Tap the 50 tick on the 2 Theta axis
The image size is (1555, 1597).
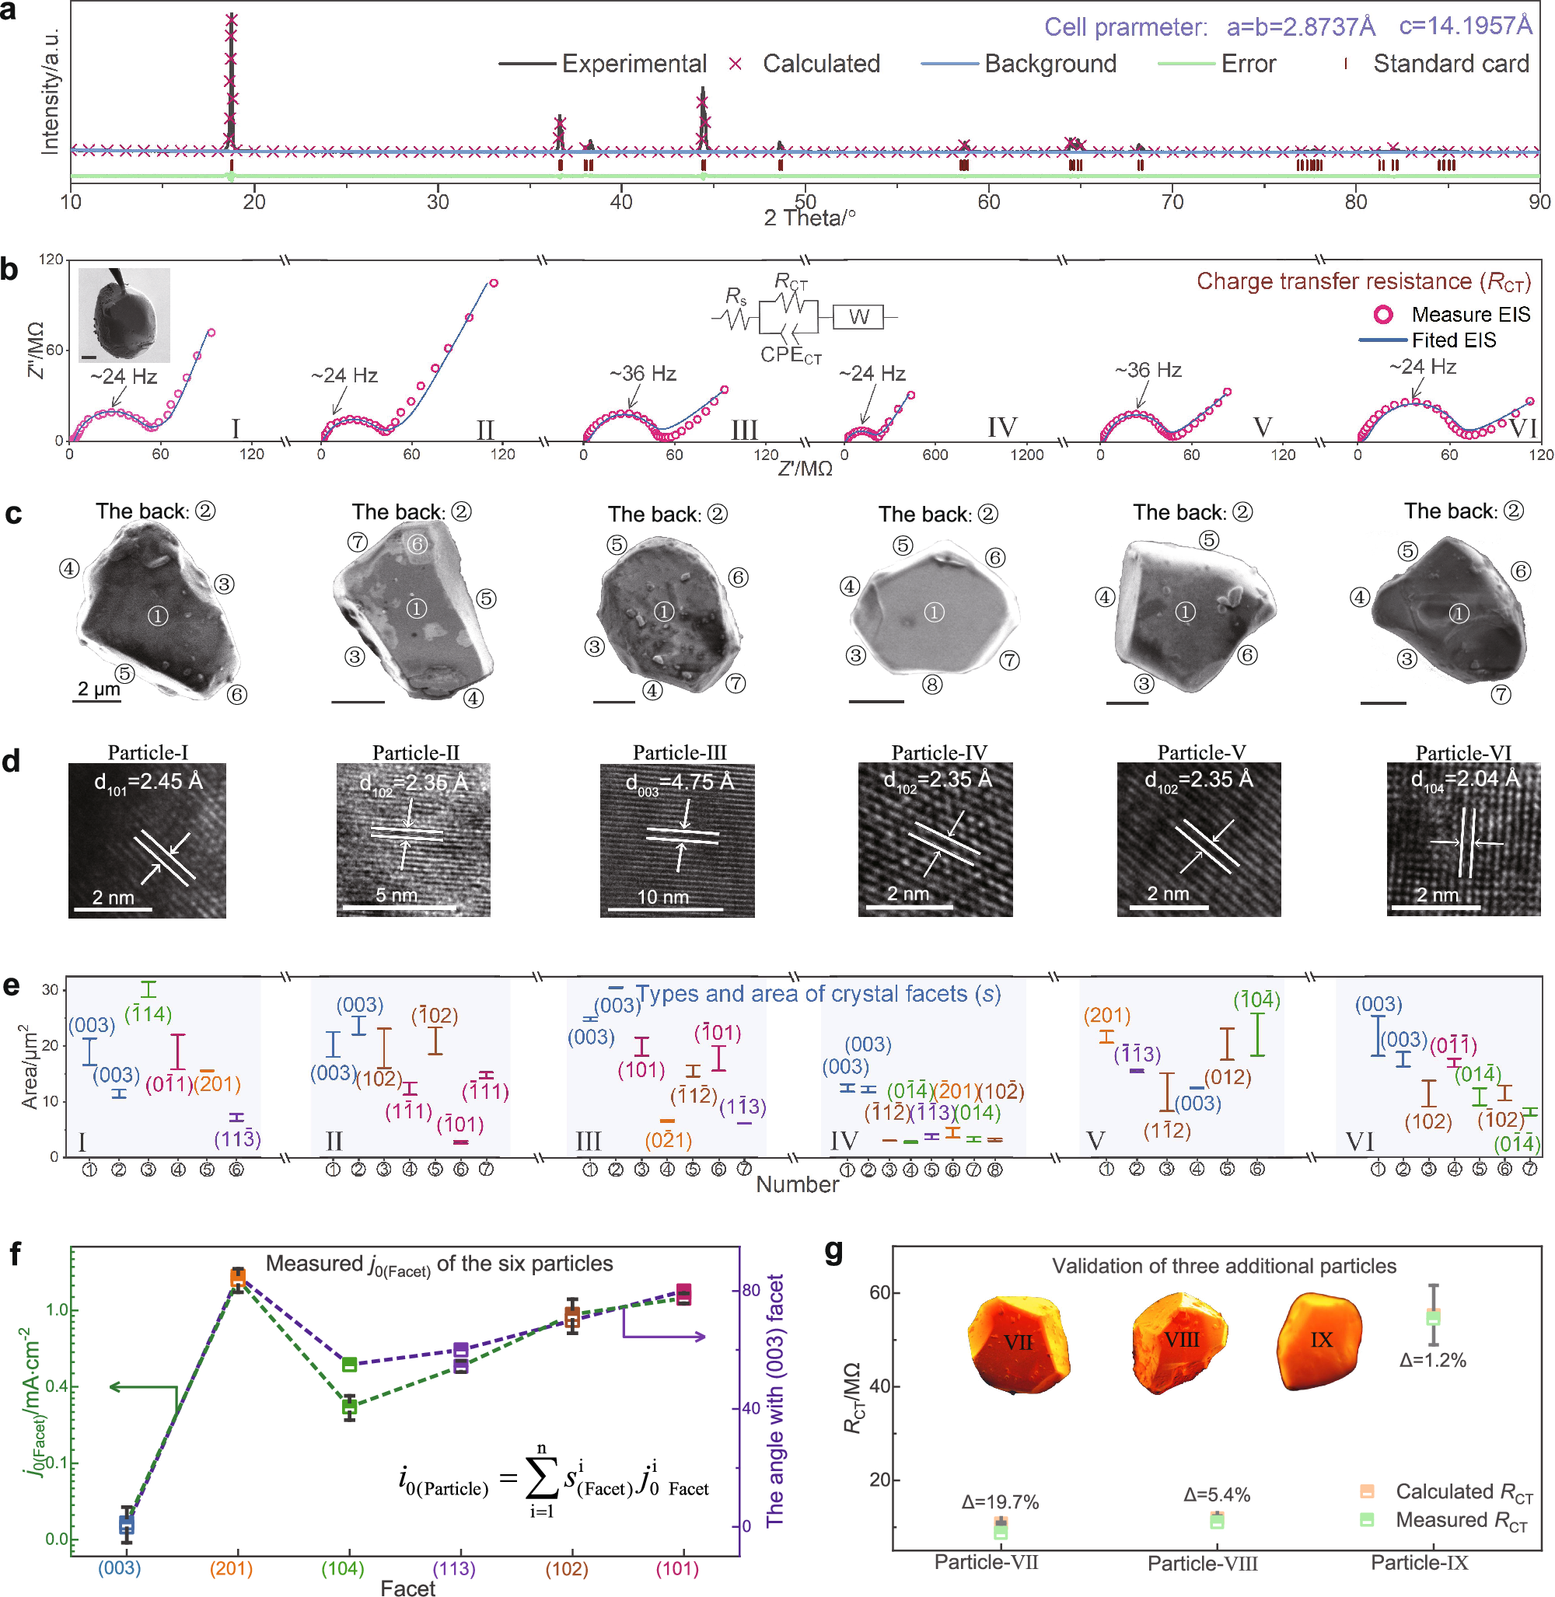805,200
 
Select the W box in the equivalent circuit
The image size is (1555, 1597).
858,317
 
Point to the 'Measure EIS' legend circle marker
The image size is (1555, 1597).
1382,314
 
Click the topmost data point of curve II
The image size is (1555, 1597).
493,284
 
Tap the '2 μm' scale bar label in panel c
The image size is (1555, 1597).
99,689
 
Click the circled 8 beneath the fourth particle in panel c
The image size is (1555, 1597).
932,684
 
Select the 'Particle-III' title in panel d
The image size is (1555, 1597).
680,752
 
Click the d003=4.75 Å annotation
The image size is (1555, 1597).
680,782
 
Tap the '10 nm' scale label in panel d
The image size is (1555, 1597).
662,898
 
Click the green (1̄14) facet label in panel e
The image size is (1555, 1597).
148,1014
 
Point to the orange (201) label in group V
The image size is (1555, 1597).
1106,1015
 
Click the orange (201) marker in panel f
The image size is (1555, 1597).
238,1278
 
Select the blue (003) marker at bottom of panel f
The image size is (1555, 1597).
126,1523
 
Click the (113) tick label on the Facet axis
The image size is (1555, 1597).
454,1567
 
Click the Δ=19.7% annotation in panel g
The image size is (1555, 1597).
1000,1501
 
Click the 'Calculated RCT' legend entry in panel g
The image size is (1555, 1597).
1462,1491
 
